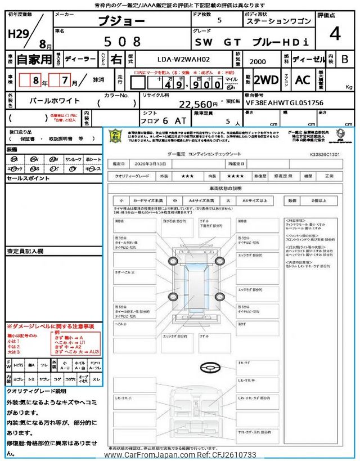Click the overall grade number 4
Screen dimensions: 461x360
(x=335, y=34)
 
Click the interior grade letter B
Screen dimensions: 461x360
(x=344, y=59)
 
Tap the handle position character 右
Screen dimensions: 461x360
(x=116, y=58)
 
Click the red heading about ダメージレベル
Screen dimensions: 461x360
(x=50, y=326)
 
